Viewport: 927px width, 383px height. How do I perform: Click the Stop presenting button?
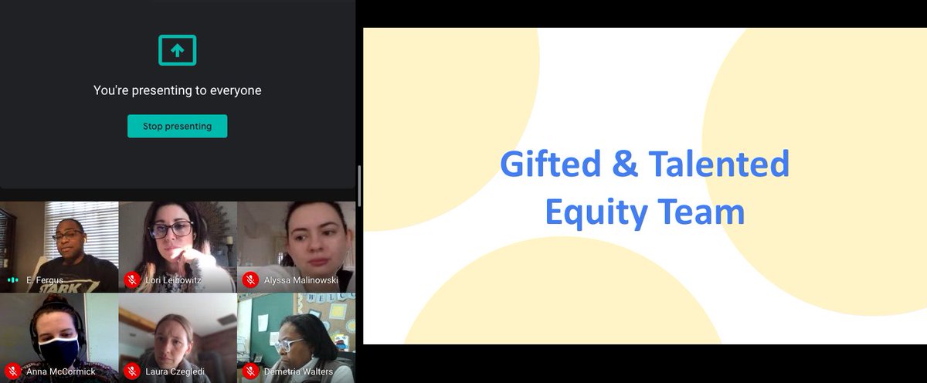[177, 126]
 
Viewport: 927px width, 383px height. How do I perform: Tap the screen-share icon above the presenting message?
[177, 50]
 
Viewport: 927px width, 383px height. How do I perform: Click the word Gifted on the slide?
[550, 164]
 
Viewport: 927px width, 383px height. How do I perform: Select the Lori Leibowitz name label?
[173, 280]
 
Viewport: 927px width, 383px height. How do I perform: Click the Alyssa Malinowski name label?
[301, 280]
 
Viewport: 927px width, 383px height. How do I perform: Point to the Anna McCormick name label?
[61, 371]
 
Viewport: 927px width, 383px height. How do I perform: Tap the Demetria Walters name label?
[299, 371]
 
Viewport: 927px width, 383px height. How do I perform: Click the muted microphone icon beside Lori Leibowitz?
[131, 280]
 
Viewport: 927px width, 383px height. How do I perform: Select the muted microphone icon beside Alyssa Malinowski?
[250, 280]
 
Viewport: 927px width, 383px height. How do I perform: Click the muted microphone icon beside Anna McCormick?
[12, 371]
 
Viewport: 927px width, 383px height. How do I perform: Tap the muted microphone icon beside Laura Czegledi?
[131, 371]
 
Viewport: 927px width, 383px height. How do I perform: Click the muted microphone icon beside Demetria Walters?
[250, 371]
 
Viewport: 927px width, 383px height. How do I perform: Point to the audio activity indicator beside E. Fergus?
[12, 280]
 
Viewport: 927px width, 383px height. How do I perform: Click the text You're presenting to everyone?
[177, 90]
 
